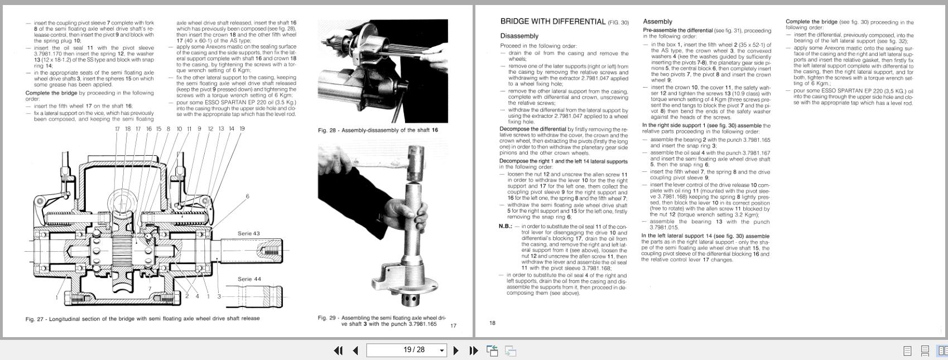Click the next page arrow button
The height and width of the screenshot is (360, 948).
pyautogui.click(x=456, y=351)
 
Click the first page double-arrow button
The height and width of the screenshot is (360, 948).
pyautogui.click(x=338, y=351)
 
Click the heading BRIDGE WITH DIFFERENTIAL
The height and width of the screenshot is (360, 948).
pyautogui.click(x=552, y=22)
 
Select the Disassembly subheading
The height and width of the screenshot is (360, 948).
pyautogui.click(x=519, y=36)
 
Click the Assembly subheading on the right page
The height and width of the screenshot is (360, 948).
pyautogui.click(x=657, y=22)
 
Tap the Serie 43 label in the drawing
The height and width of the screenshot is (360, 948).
pyautogui.click(x=248, y=233)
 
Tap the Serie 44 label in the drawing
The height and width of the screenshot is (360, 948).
pyautogui.click(x=249, y=279)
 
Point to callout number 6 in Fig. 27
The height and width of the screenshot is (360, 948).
pyautogui.click(x=247, y=196)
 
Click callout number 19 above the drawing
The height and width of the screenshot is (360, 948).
pyautogui.click(x=242, y=129)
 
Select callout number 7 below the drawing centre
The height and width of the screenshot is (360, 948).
pyautogui.click(x=150, y=289)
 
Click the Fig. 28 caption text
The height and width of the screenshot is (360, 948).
pyautogui.click(x=378, y=130)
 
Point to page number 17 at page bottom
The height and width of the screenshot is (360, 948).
pyautogui.click(x=453, y=325)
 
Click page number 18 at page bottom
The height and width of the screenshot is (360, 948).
pyautogui.click(x=492, y=323)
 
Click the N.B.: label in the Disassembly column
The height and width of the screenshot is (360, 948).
pyautogui.click(x=505, y=226)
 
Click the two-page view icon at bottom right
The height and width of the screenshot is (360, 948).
pyautogui.click(x=942, y=351)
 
